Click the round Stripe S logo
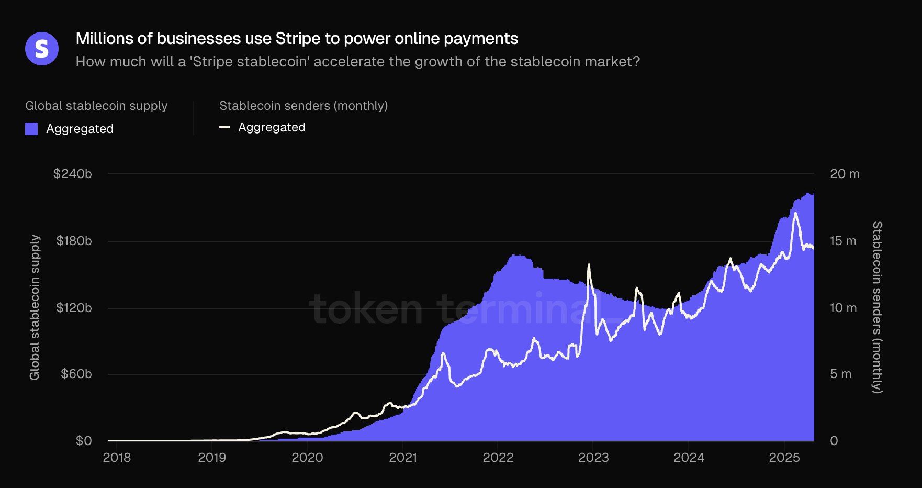42,49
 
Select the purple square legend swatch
31,129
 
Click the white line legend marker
224,127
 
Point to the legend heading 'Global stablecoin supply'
96,106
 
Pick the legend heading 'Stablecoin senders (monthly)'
303,106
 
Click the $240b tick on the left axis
72,174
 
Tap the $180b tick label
74,241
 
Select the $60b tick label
76,374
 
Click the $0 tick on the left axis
84,441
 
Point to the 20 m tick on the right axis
845,174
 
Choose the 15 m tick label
843,241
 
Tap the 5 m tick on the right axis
840,374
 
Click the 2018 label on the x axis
117,458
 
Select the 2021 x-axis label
403,458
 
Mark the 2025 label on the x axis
784,458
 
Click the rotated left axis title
35,307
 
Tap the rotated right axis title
877,307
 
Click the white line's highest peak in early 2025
795,213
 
